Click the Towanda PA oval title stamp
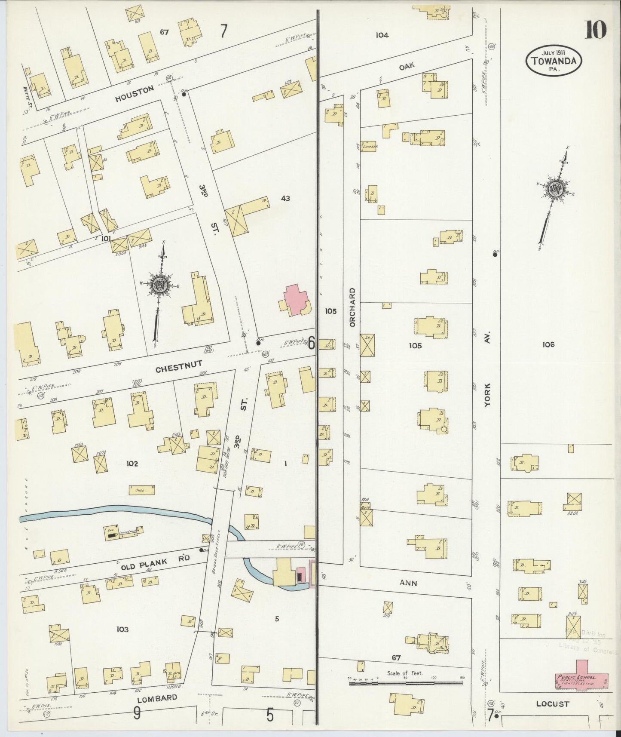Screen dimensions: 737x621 554,61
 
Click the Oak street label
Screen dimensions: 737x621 406,65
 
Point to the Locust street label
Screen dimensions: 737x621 552,704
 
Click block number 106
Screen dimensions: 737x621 548,344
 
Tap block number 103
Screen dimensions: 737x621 122,630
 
